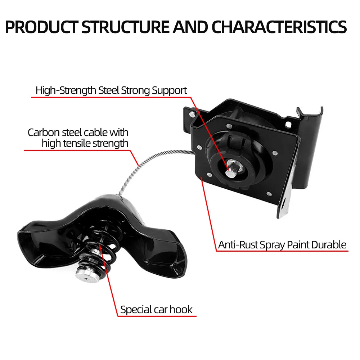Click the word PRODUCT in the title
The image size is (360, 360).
click(x=41, y=27)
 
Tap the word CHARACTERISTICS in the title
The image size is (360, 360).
click(x=279, y=27)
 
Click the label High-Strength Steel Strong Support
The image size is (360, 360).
click(x=111, y=90)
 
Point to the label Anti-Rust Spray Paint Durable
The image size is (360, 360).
click(x=282, y=245)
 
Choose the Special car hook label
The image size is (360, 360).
click(x=156, y=310)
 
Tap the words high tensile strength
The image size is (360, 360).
click(x=85, y=143)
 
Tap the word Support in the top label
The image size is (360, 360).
click(x=169, y=90)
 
